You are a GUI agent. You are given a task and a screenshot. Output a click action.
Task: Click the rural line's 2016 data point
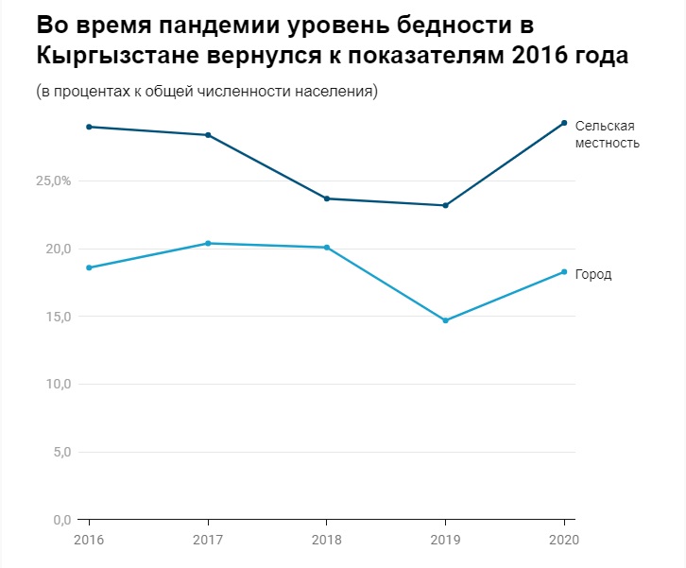(89, 127)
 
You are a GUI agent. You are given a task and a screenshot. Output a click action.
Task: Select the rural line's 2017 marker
(208, 135)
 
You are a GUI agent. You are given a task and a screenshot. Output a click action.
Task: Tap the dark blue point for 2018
(327, 198)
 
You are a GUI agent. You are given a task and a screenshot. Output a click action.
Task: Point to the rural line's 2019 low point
(445, 205)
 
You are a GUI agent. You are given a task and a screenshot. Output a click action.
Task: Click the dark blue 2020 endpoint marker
(564, 123)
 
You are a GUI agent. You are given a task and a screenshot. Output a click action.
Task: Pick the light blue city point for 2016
(89, 267)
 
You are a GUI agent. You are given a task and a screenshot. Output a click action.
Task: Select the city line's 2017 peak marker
(208, 244)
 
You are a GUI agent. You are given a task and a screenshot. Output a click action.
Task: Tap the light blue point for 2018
(327, 248)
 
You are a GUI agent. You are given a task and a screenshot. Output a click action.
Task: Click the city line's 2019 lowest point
(445, 320)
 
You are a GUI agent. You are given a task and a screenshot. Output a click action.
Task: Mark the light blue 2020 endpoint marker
(564, 272)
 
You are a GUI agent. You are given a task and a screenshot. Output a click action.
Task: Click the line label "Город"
(593, 275)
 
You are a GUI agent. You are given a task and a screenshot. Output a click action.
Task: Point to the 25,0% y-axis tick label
(53, 181)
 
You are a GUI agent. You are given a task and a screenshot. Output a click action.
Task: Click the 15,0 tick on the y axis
(56, 317)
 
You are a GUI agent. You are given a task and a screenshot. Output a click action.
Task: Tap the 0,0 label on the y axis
(59, 520)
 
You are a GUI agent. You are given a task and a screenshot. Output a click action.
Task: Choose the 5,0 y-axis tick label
(59, 452)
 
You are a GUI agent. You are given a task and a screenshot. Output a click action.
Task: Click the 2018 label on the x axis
(326, 540)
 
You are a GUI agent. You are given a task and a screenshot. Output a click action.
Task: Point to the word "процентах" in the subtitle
(91, 93)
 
